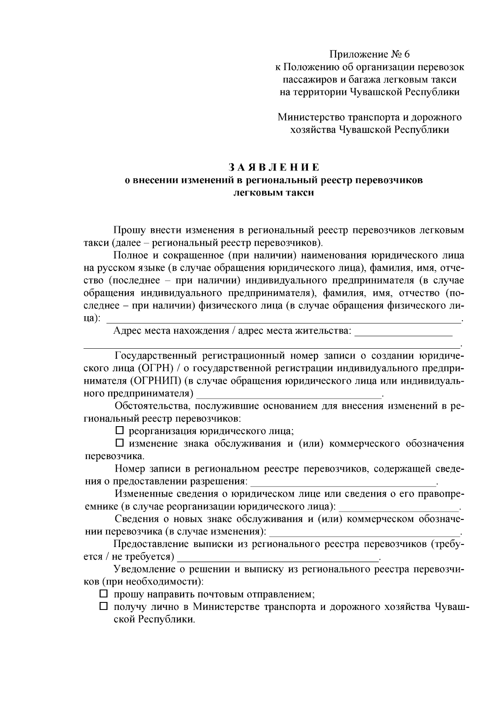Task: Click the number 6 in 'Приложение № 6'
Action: [x=407, y=54]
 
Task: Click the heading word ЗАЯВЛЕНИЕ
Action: [x=274, y=168]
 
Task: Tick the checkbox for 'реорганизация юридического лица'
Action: [x=120, y=430]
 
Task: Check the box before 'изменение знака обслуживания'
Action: [x=120, y=443]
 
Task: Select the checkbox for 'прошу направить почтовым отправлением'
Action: [x=104, y=594]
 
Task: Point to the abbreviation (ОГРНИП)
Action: [x=157, y=381]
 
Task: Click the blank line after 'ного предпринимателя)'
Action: [x=289, y=393]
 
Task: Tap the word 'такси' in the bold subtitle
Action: [x=299, y=193]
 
